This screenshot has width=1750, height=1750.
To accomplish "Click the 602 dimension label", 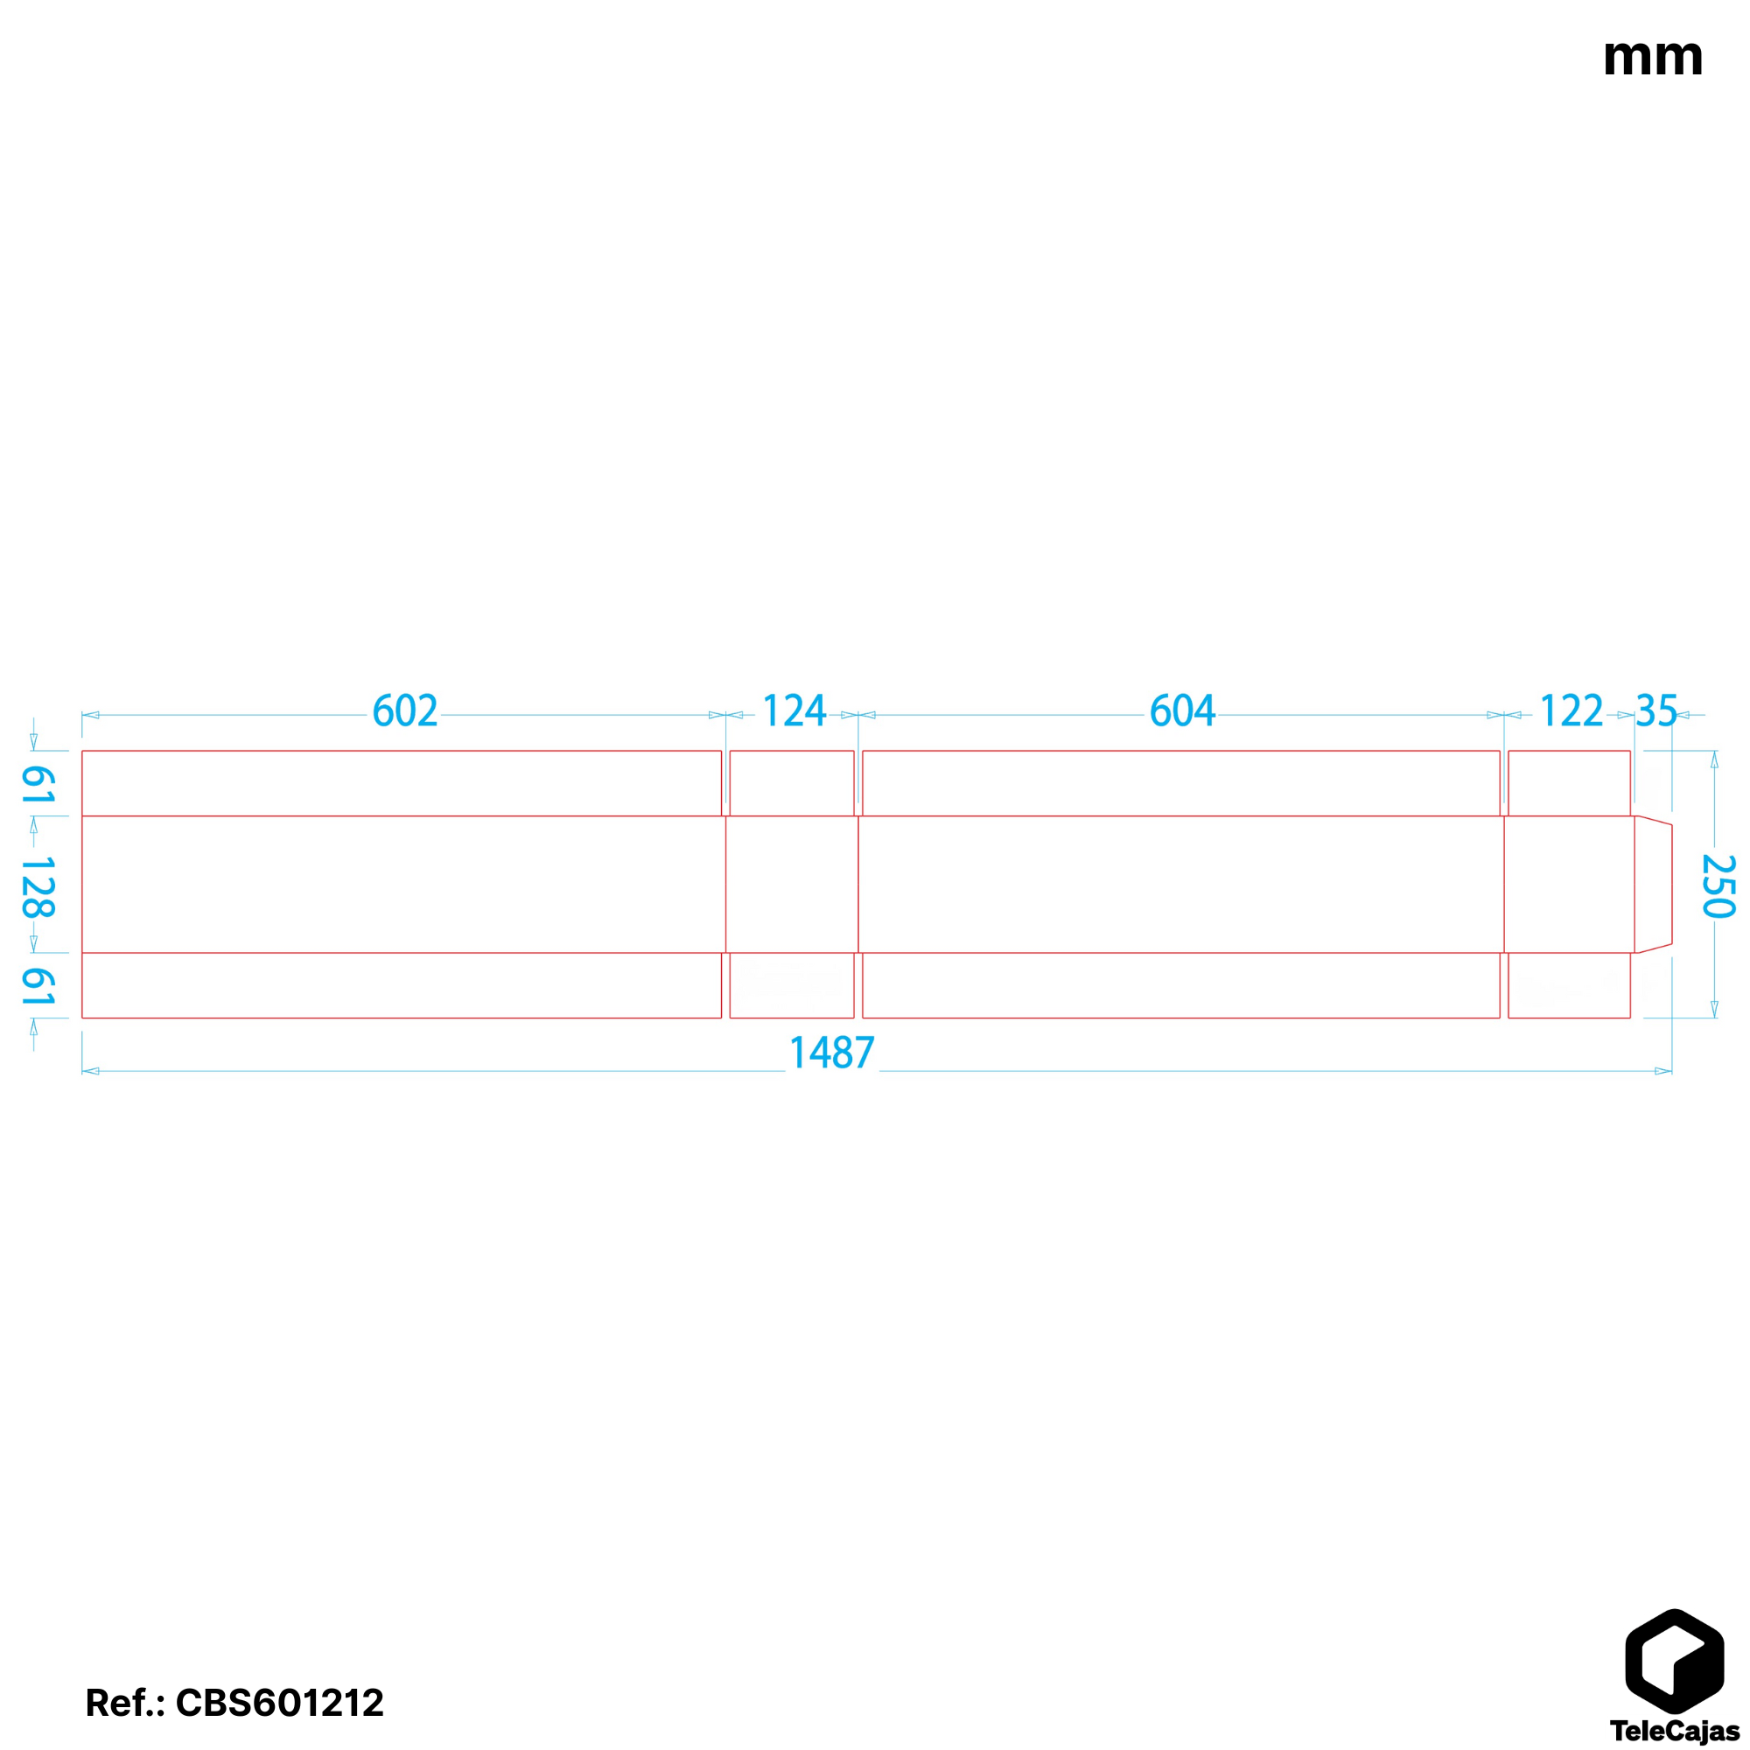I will (x=405, y=711).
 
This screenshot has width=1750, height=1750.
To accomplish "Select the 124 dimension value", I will (x=794, y=711).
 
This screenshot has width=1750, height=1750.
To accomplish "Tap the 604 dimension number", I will (x=1181, y=711).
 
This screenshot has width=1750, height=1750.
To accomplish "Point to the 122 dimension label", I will (x=1571, y=711).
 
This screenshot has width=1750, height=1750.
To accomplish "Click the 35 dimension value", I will (x=1655, y=711).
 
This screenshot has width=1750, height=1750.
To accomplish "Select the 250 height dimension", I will (x=1718, y=885).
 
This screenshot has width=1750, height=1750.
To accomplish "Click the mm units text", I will (x=1652, y=58).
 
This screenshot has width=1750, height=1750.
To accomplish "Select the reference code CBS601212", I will (x=279, y=1703).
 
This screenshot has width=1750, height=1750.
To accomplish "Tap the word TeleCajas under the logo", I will (x=1674, y=1731).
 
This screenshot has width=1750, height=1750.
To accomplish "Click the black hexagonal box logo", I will (x=1674, y=1663).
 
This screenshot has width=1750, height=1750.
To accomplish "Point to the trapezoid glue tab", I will (x=1653, y=885).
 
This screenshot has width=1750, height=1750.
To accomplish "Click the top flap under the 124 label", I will (x=792, y=783).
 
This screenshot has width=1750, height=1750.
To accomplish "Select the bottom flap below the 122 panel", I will (x=1569, y=985).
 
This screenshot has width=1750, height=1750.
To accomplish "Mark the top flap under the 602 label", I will (x=402, y=783).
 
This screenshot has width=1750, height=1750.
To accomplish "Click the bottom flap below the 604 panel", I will (x=1181, y=985).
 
